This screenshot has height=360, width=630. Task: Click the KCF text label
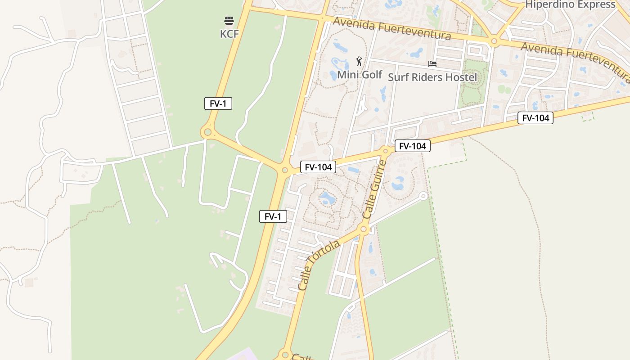tap(229, 34)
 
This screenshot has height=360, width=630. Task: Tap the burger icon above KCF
tap(229, 21)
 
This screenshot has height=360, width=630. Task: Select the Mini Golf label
tap(360, 75)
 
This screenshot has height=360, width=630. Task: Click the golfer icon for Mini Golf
tap(359, 61)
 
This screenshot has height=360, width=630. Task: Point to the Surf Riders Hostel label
tap(432, 77)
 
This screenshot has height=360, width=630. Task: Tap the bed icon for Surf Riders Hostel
tap(432, 64)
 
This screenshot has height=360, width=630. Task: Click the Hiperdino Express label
tap(570, 5)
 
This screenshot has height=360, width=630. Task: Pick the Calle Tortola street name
tap(319, 265)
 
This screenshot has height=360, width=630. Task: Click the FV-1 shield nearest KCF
tap(218, 103)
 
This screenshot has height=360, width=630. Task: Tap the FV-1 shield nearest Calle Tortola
tap(273, 216)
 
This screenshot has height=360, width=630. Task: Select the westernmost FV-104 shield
tap(318, 167)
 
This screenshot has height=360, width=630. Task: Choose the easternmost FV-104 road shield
tap(535, 118)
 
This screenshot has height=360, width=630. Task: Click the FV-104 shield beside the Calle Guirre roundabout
tap(413, 146)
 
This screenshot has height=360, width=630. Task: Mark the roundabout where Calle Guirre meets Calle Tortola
tap(364, 229)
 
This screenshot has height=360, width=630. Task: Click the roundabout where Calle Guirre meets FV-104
tap(385, 150)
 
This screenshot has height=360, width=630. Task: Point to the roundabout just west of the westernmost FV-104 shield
tap(284, 170)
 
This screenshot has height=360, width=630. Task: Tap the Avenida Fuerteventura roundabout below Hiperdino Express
tap(494, 41)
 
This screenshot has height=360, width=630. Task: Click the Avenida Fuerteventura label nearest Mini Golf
tap(391, 29)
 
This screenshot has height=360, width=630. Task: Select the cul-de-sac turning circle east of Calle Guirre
tap(423, 196)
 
